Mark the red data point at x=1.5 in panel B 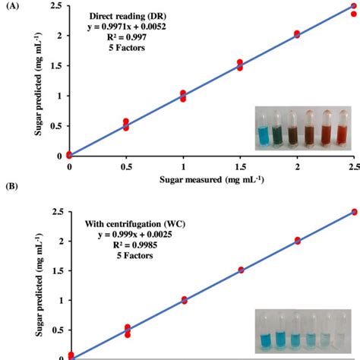click(240, 270)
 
